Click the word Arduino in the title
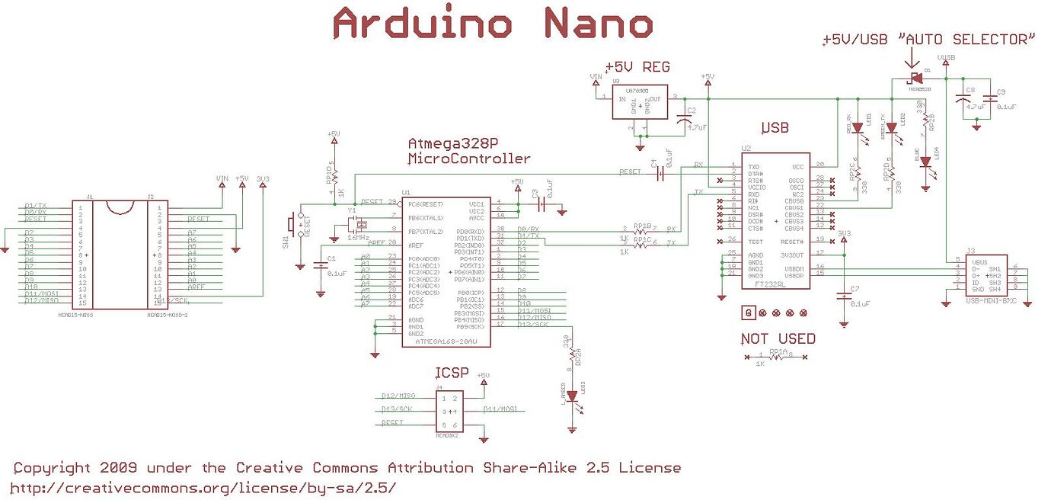(423, 24)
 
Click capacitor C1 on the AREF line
(318, 265)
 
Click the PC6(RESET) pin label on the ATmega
(424, 204)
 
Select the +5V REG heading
(637, 67)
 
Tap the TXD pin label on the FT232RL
(755, 166)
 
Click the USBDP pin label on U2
(793, 274)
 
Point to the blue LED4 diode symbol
(925, 162)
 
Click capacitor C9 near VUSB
(990, 98)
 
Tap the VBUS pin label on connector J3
(979, 261)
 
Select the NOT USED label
(778, 338)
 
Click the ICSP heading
(449, 373)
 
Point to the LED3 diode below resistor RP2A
(570, 396)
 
